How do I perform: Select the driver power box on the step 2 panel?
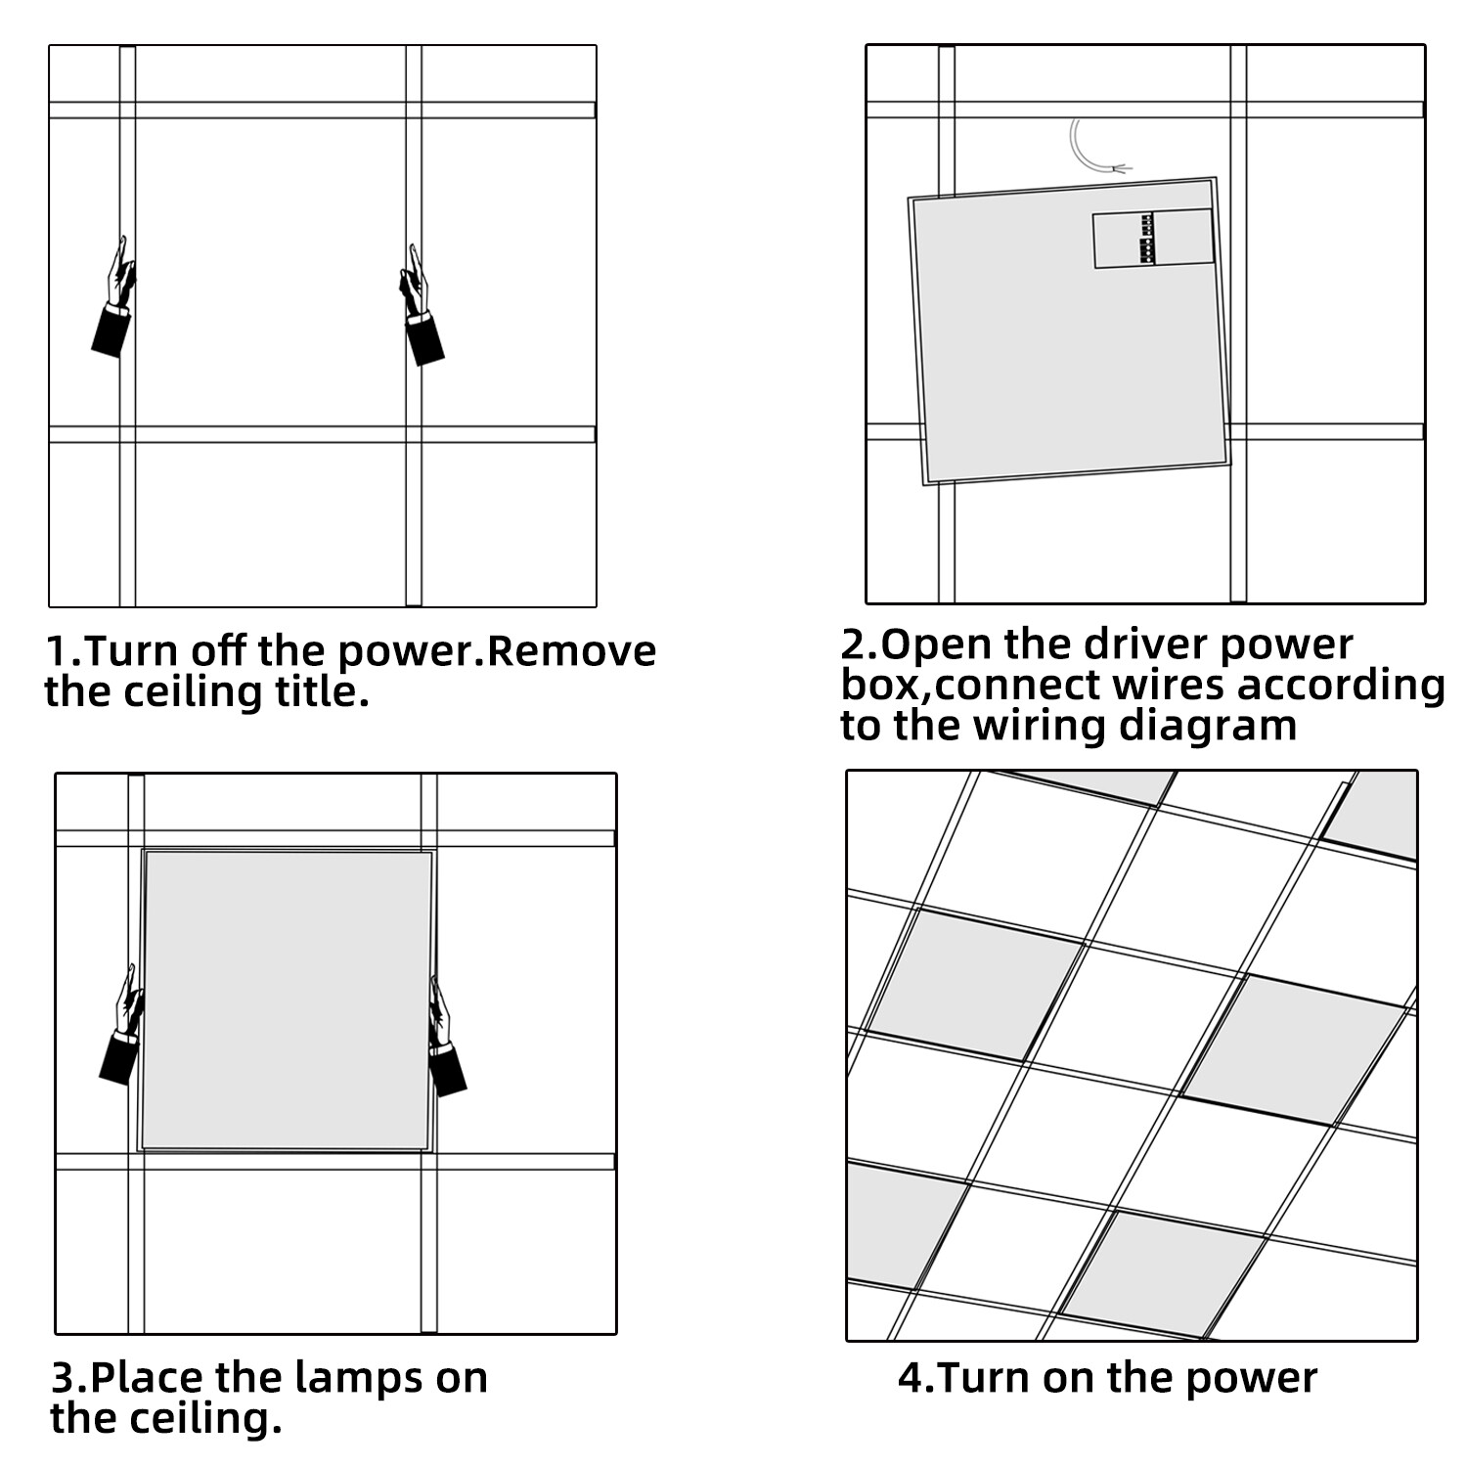(1152, 239)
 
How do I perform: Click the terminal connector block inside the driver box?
(1146, 239)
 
